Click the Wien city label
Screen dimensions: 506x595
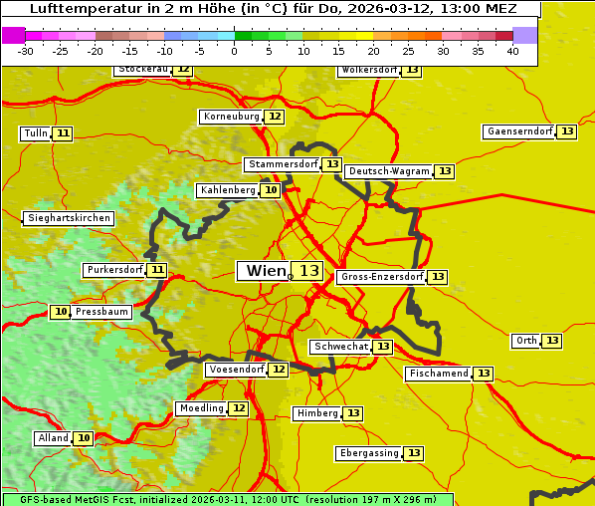[264, 271]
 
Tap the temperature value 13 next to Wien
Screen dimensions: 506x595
[309, 271]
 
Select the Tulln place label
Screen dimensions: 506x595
[34, 133]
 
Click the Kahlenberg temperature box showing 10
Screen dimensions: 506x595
[271, 190]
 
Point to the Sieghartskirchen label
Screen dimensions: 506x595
[68, 218]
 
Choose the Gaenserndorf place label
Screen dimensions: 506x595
[518, 131]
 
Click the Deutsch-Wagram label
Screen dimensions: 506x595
[389, 171]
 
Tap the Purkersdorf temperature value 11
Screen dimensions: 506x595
[157, 270]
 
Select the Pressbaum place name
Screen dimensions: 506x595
[102, 312]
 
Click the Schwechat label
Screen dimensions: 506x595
[340, 347]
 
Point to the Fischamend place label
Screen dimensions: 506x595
[438, 374]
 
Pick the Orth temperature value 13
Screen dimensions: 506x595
[552, 341]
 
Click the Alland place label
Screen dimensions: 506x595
[53, 438]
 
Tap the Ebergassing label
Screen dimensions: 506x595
[368, 453]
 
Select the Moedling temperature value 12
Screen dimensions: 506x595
[239, 408]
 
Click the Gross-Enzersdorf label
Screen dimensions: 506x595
[381, 277]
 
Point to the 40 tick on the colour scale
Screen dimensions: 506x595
[512, 52]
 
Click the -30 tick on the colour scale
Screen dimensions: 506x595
[27, 52]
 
